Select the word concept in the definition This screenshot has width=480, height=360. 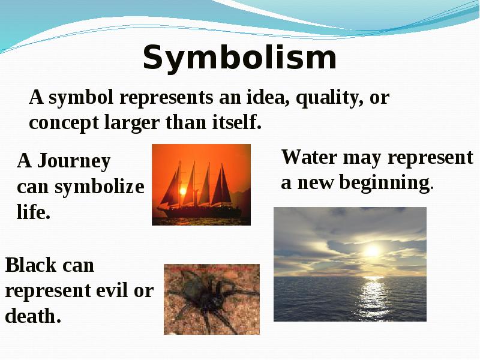click(64, 123)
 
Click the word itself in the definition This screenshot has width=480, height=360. click(236, 122)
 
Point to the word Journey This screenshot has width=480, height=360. click(73, 161)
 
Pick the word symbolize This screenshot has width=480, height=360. click(99, 187)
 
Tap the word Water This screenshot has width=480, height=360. click(310, 157)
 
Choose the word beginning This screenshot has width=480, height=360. click(385, 184)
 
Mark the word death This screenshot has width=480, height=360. click(33, 316)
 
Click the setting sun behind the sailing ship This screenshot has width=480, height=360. click(183, 191)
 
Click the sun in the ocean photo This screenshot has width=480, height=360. click(372, 251)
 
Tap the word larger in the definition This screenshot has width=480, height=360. click(132, 123)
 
